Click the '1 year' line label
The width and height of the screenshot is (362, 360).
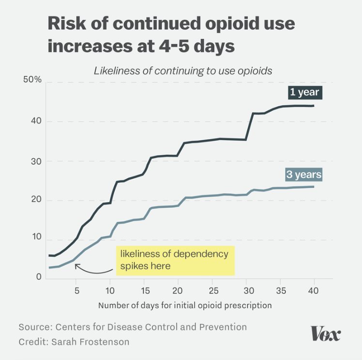(x=305, y=92)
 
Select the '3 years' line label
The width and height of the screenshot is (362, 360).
(x=303, y=174)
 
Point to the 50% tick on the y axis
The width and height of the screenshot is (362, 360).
(x=32, y=79)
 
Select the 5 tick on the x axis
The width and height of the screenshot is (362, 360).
(x=76, y=291)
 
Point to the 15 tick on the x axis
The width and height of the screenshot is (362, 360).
(x=144, y=291)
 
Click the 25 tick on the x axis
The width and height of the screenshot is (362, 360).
(x=212, y=291)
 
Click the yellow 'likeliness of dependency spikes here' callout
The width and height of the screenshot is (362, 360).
(x=174, y=260)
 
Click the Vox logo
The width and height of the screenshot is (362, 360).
(x=325, y=333)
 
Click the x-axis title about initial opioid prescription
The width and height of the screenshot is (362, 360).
(x=185, y=305)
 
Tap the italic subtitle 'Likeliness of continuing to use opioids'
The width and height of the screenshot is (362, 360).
(x=183, y=71)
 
